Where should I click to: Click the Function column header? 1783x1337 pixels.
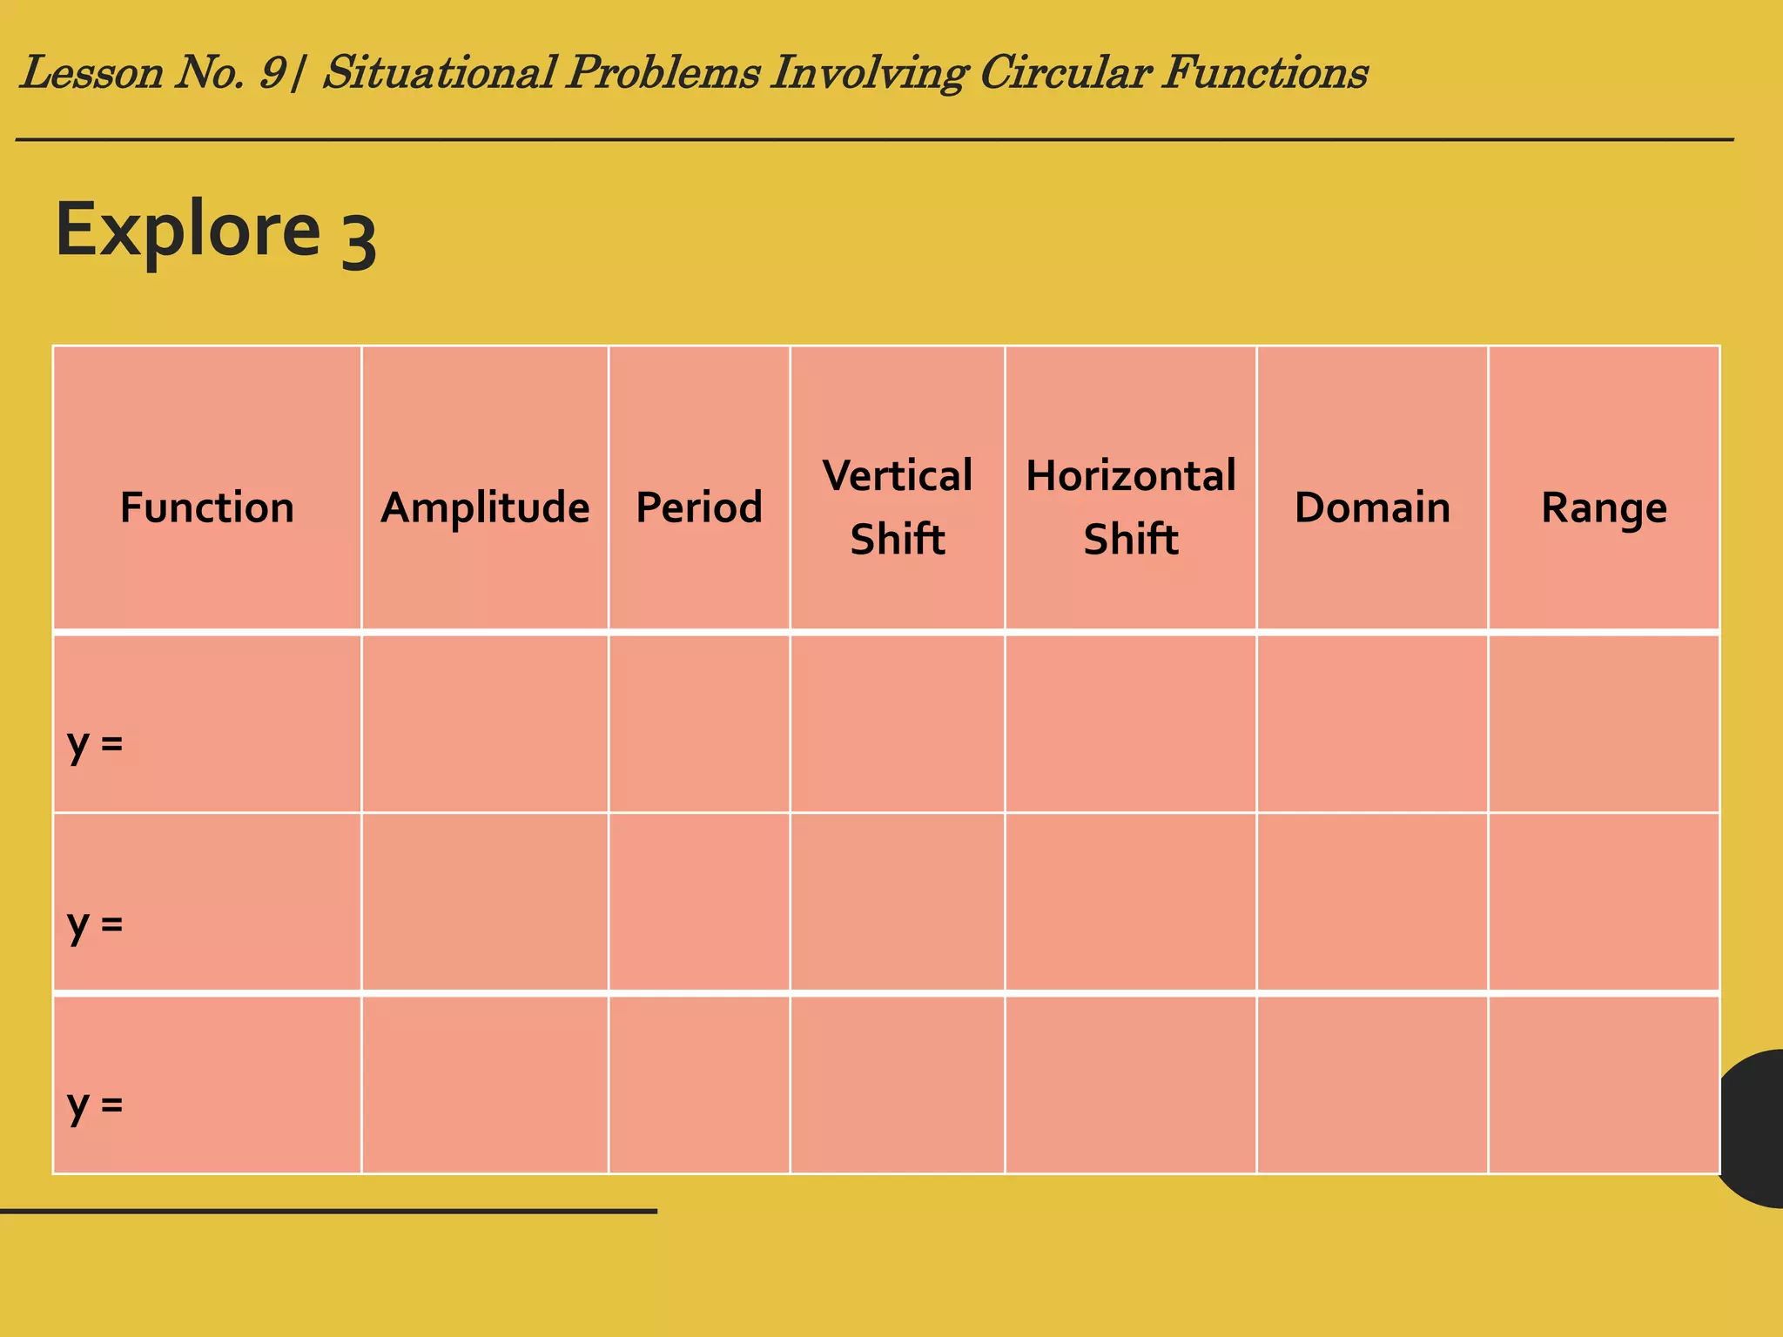[x=207, y=507]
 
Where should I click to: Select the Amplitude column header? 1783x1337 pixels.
[x=485, y=507]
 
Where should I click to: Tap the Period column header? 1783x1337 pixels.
[x=699, y=507]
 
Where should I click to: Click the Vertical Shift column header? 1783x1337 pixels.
[x=898, y=507]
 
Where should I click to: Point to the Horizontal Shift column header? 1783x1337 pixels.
[x=1130, y=507]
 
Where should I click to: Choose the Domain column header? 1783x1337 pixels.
[x=1372, y=507]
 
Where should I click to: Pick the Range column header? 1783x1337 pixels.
[x=1604, y=507]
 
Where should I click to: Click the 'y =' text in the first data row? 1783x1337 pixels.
[x=95, y=743]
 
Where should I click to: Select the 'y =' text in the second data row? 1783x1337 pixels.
[x=95, y=924]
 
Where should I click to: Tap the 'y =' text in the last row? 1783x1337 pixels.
[x=95, y=1105]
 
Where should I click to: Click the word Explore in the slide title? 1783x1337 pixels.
[x=188, y=230]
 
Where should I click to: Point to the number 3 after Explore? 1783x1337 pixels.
[x=358, y=244]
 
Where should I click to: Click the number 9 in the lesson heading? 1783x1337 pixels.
[x=272, y=72]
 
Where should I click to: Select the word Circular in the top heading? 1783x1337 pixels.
[x=1065, y=72]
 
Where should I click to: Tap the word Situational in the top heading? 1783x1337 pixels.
[x=440, y=72]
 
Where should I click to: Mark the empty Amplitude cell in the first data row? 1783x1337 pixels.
[x=485, y=723]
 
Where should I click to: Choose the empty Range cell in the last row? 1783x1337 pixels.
[x=1604, y=1085]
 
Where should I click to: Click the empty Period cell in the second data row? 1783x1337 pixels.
[x=699, y=902]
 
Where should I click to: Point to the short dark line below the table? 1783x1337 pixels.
[x=328, y=1211]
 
